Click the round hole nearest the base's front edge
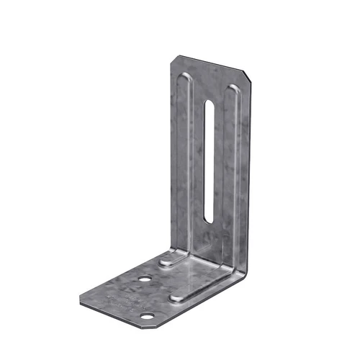148,315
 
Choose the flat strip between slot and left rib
195,158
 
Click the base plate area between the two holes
147,297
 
